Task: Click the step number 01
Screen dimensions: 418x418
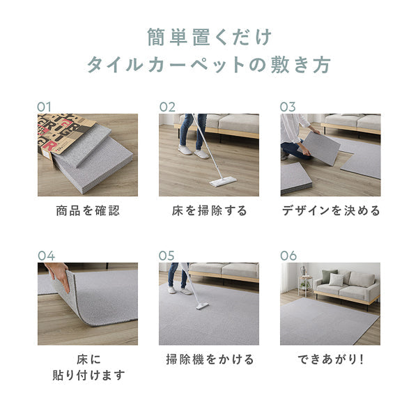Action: pos(45,107)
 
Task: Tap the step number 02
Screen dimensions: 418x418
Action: pos(167,107)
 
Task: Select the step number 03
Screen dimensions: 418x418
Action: pos(288,107)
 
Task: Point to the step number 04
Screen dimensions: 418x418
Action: pos(46,255)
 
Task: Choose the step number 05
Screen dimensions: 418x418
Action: pos(167,255)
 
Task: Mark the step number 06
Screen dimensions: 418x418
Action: pos(288,255)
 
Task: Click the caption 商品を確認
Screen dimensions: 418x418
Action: pos(87,210)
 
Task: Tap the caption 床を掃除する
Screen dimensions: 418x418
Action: pos(208,210)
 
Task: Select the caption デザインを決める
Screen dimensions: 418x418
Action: pos(330,210)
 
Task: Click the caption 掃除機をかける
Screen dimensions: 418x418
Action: pos(208,359)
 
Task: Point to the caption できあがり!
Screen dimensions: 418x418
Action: pos(330,359)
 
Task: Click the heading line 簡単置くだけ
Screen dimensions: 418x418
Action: pos(209,36)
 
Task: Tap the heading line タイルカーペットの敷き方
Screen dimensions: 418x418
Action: pos(209,65)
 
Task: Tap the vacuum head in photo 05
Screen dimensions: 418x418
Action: pos(201,305)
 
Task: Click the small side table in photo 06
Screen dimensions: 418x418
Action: pos(304,284)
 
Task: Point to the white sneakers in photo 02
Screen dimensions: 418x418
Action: pos(192,151)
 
